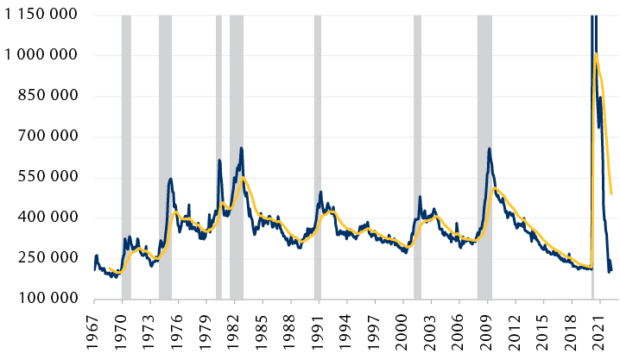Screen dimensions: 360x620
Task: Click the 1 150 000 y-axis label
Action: [x=41, y=15]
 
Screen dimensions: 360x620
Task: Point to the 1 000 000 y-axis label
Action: [x=41, y=55]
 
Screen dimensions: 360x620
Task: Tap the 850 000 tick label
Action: [x=48, y=96]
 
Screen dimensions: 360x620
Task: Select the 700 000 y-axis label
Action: [x=48, y=136]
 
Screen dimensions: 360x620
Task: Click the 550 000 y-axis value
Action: [x=48, y=177]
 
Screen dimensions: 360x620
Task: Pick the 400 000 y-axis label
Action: [x=48, y=218]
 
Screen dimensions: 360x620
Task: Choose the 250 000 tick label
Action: [x=48, y=258]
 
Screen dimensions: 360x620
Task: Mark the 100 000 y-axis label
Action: [x=48, y=299]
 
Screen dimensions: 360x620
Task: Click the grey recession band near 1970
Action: [x=126, y=155]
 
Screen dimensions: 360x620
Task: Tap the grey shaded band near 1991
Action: [x=318, y=155]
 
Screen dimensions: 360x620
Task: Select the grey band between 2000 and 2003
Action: [x=417, y=155]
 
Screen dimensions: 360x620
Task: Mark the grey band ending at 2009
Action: [x=484, y=155]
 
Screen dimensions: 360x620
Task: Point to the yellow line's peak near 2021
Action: [x=596, y=54]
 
